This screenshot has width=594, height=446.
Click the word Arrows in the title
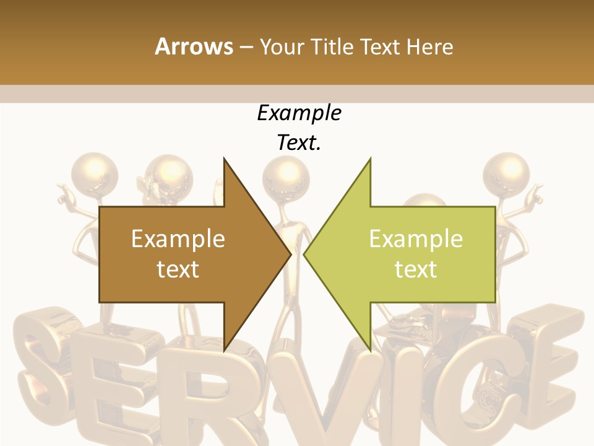[194, 46]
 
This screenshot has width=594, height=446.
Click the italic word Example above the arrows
[299, 113]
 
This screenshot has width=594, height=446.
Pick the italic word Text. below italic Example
[299, 143]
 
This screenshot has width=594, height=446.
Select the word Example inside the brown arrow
[178, 239]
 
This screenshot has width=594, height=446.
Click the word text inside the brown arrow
[178, 269]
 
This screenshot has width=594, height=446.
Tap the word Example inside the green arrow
[416, 239]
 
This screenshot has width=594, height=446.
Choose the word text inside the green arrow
[416, 269]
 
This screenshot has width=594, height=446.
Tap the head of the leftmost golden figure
[93, 170]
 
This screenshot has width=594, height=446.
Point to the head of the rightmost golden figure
[506, 170]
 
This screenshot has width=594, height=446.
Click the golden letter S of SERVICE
[43, 372]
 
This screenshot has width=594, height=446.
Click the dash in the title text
[246, 48]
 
